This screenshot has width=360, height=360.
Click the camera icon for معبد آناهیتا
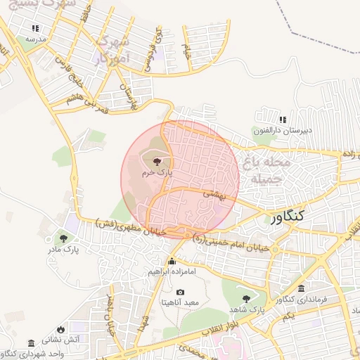click(x=181, y=292)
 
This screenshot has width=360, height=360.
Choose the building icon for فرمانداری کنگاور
click(x=302, y=289)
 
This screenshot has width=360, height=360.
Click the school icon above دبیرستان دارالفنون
click(x=283, y=120)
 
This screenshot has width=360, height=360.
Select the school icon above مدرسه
click(x=35, y=29)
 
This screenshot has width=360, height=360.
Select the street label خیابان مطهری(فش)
click(x=130, y=227)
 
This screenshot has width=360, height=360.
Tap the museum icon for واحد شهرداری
click(x=31, y=342)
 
